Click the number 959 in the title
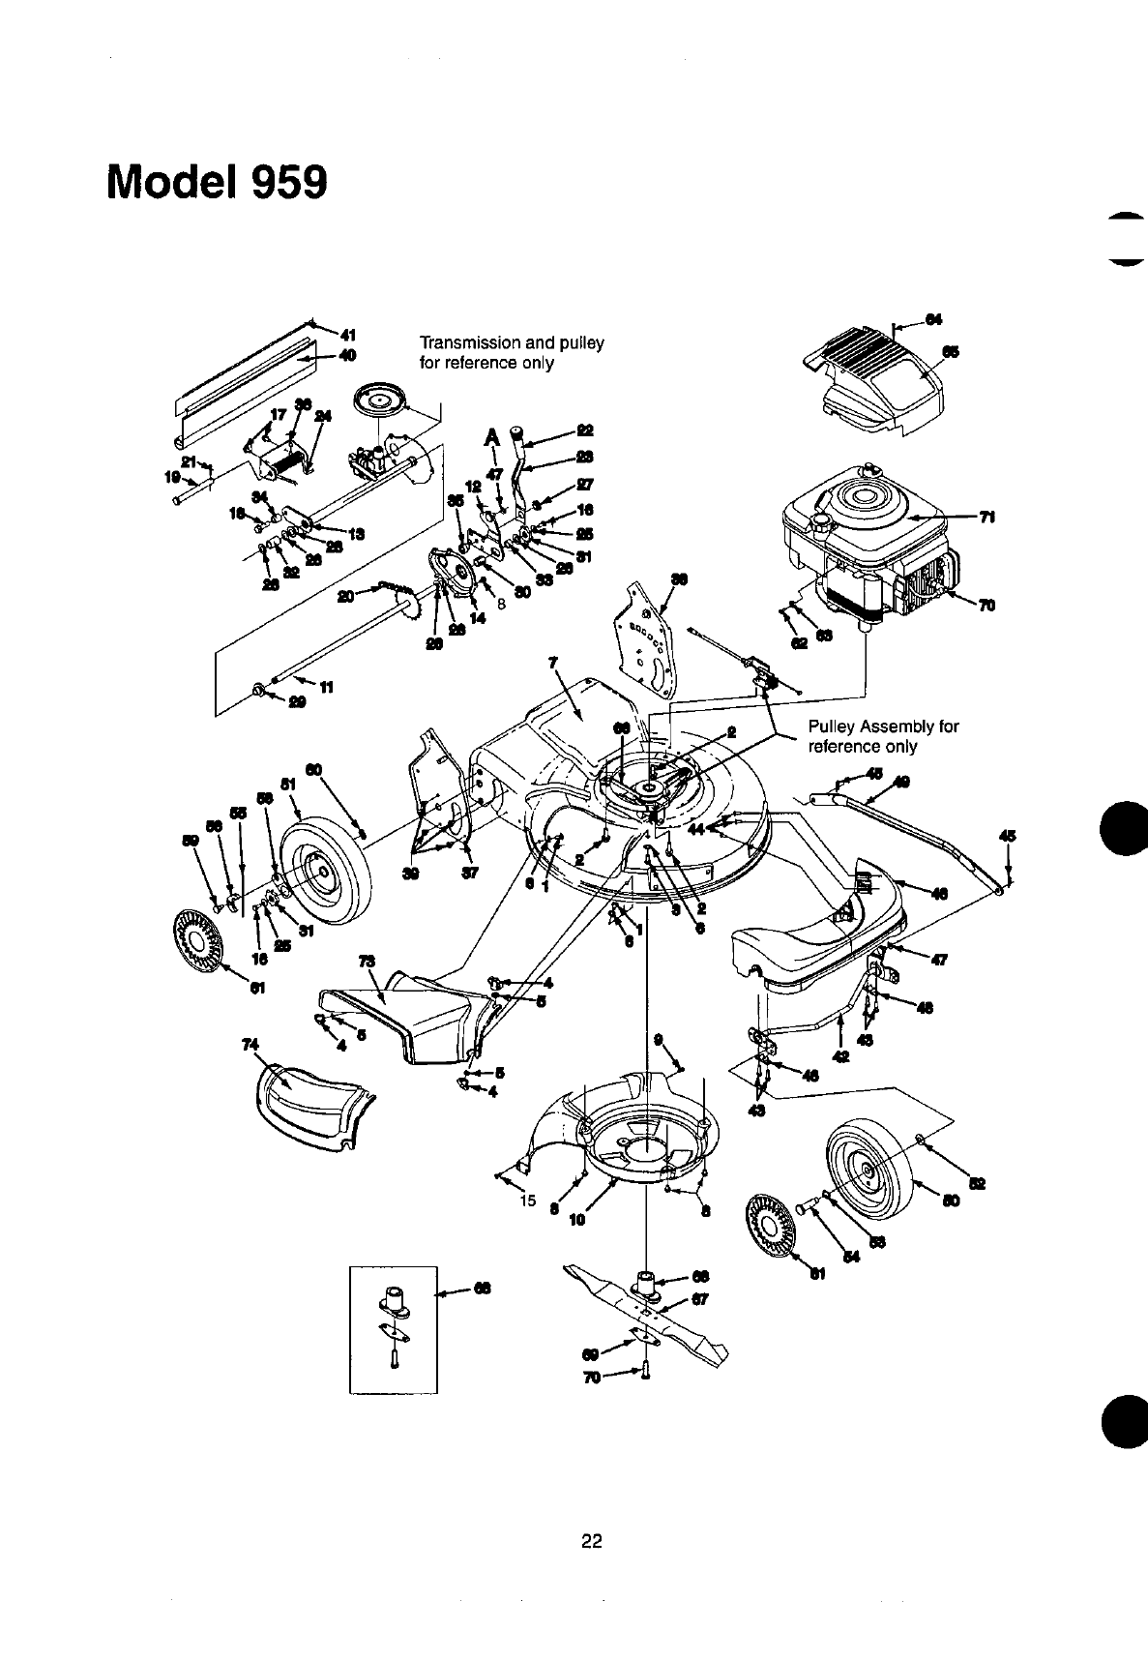coord(277,182)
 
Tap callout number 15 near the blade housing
coord(527,1201)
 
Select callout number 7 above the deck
coord(553,662)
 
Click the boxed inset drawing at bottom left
coord(393,1328)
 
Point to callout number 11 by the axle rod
coord(326,688)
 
